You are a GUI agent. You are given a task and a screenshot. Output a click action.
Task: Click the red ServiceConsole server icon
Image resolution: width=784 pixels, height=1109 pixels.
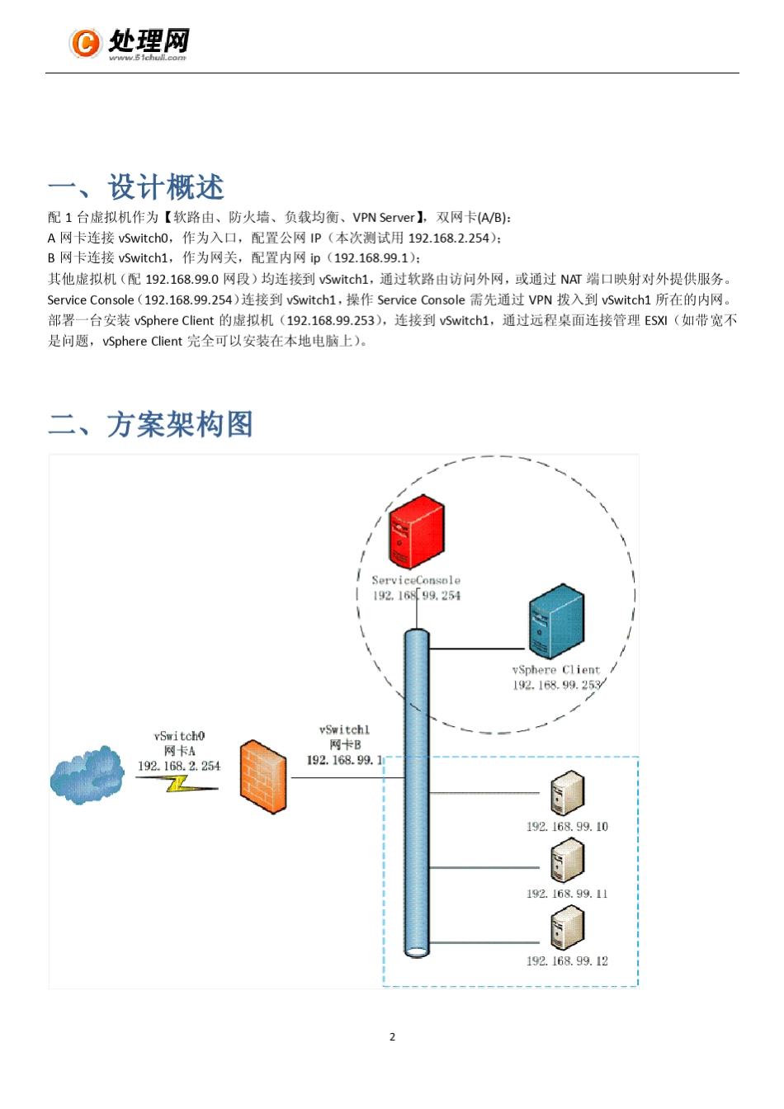tap(416, 531)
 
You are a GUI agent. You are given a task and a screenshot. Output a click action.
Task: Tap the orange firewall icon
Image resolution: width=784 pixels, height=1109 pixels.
tap(263, 776)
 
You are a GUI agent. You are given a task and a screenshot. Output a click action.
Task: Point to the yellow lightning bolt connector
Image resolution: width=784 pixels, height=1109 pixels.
tap(177, 785)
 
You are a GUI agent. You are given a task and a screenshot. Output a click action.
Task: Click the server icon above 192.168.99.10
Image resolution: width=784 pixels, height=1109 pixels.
tap(568, 793)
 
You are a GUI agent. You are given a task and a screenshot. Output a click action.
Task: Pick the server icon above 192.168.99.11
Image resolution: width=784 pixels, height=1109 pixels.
tap(568, 861)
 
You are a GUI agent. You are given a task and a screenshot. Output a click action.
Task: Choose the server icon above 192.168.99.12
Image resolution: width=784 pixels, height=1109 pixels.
tap(568, 927)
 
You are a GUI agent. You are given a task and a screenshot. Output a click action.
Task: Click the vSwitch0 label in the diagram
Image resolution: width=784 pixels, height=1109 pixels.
tap(179, 736)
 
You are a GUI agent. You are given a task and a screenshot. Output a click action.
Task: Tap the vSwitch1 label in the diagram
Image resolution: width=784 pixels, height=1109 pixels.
tap(344, 729)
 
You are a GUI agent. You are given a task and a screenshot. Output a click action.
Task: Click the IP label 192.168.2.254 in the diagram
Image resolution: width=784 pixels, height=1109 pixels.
tap(179, 766)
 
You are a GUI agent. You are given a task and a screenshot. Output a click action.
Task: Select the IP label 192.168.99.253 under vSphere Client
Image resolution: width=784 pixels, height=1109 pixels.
tap(556, 685)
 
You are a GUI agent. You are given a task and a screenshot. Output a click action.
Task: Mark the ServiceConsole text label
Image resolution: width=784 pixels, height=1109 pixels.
tap(416, 580)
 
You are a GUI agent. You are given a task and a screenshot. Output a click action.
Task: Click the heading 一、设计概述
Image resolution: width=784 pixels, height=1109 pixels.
tap(136, 187)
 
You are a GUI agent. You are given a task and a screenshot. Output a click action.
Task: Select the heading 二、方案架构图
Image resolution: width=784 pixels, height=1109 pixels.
tap(151, 424)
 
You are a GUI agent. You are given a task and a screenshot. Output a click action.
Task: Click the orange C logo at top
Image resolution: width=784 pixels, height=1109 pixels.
tap(85, 42)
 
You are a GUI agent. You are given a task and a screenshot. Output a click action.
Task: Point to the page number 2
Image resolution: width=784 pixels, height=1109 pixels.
tap(392, 1036)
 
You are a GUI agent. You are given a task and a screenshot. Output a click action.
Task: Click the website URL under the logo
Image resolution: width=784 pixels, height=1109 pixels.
tap(148, 58)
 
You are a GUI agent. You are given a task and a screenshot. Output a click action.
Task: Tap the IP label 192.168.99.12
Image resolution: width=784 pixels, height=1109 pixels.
tap(567, 960)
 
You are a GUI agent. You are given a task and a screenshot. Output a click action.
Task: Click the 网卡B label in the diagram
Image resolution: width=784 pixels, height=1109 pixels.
tap(345, 744)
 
